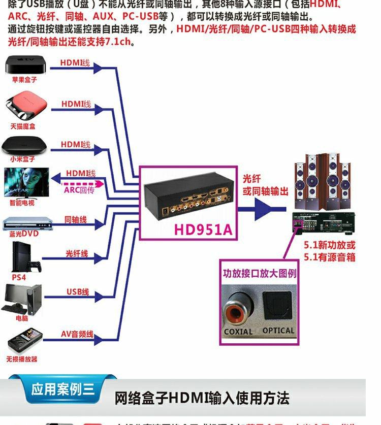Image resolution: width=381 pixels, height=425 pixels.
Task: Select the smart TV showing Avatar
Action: coord(26,182)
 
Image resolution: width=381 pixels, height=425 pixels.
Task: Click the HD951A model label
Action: coord(203,230)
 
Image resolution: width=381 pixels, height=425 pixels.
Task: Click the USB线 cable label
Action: coord(78,292)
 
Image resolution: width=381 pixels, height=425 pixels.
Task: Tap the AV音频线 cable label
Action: coord(77,334)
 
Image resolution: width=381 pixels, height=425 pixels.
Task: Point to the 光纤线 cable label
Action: coord(77,253)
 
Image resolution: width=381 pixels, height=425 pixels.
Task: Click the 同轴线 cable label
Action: coord(76,220)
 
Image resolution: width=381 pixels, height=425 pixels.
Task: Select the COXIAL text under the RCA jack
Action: coord(238,332)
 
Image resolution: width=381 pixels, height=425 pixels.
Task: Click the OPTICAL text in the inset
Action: coord(278,331)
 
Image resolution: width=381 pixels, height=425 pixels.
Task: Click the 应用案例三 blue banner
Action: coord(62,390)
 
